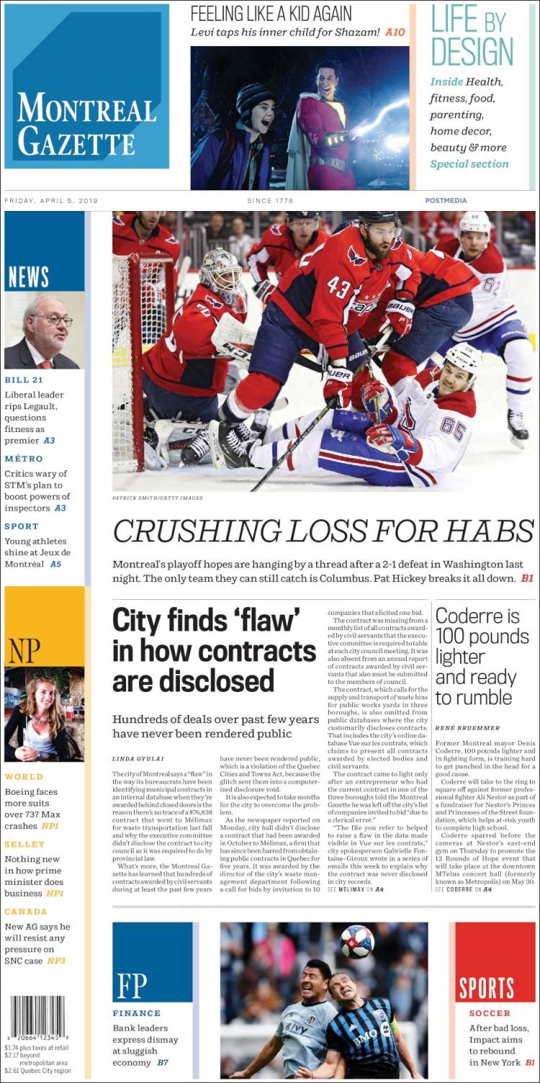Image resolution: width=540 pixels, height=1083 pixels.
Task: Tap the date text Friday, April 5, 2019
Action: pyautogui.click(x=50, y=201)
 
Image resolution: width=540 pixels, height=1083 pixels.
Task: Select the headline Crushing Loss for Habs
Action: pyautogui.click(x=323, y=531)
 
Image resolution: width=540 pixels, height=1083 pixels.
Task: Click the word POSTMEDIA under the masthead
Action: pyautogui.click(x=446, y=201)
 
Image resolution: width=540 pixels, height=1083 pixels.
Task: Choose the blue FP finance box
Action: pyautogui.click(x=152, y=962)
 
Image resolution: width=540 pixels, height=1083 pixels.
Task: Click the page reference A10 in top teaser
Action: pyautogui.click(x=395, y=32)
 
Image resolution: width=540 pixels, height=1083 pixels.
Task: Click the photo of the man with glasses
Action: pyautogui.click(x=44, y=330)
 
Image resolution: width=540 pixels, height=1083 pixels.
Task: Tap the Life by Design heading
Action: pyautogui.click(x=472, y=36)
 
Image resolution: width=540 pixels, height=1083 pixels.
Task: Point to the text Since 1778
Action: pyautogui.click(x=270, y=201)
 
